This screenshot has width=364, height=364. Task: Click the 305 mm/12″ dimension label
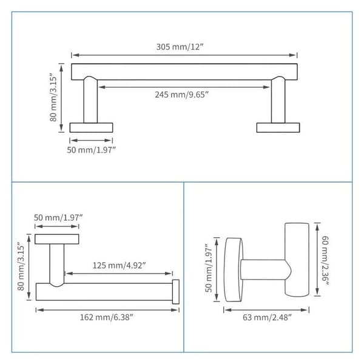pyautogui.click(x=180, y=47)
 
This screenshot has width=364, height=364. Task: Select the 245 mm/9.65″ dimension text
pyautogui.click(x=182, y=95)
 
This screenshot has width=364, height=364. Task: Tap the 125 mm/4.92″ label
pyautogui.click(x=119, y=265)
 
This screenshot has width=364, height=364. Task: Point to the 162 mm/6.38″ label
pyautogui.click(x=107, y=317)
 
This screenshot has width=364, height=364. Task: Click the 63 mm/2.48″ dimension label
pyautogui.click(x=267, y=317)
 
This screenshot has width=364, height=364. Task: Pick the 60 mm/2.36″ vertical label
pyautogui.click(x=325, y=260)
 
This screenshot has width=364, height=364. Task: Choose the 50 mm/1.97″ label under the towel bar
pyautogui.click(x=91, y=150)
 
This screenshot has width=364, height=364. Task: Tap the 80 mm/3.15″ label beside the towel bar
pyautogui.click(x=53, y=97)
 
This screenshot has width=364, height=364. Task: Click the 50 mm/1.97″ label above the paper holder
pyautogui.click(x=58, y=218)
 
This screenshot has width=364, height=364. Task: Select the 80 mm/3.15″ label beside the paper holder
pyautogui.click(x=21, y=266)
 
